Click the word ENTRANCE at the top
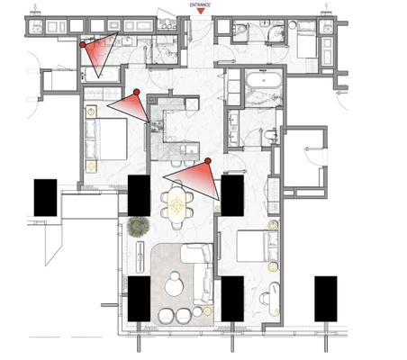[200, 4]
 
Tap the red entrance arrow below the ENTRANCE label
[200, 12]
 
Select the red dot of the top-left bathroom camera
[83, 43]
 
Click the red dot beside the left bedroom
[135, 92]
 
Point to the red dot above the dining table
[208, 160]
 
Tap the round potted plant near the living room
[139, 227]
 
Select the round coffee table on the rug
[176, 286]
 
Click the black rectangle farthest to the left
[45, 196]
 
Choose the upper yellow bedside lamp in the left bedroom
[91, 112]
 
